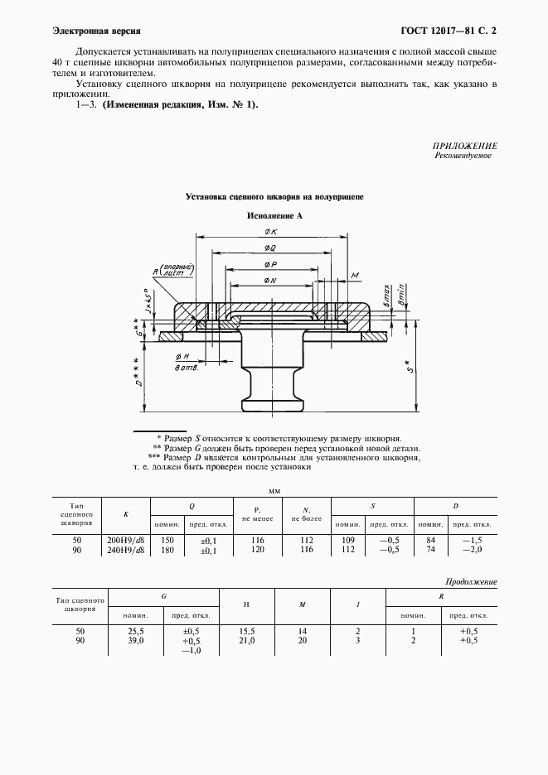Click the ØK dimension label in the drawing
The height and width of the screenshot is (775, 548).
click(270, 232)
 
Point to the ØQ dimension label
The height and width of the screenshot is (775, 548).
click(270, 248)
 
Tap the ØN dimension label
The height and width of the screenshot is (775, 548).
click(270, 282)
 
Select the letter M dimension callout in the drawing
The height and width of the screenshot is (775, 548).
click(354, 274)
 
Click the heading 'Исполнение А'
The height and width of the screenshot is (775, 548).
click(274, 215)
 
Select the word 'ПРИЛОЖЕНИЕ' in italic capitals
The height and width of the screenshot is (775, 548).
click(463, 145)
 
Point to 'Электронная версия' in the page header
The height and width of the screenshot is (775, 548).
click(84, 31)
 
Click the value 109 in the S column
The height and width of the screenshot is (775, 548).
click(347, 539)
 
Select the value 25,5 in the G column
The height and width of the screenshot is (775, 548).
click(134, 631)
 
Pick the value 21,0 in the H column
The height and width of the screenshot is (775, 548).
click(246, 640)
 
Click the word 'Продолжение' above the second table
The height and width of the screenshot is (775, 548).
click(471, 582)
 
